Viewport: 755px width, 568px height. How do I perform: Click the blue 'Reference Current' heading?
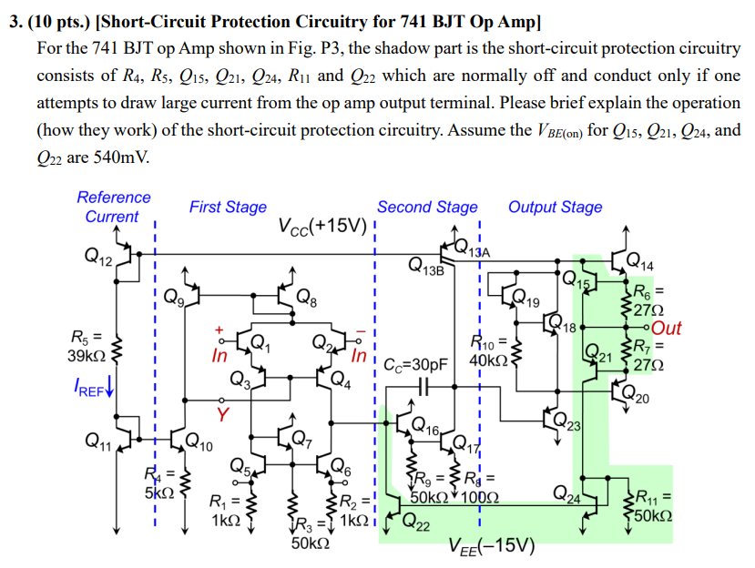click(113, 207)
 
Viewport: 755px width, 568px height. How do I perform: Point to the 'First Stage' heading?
click(228, 208)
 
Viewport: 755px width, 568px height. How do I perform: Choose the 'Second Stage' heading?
click(426, 208)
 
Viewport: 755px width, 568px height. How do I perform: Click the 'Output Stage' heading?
click(555, 208)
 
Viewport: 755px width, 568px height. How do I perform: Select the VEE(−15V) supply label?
click(491, 547)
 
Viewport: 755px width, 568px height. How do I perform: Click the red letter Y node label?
click(221, 414)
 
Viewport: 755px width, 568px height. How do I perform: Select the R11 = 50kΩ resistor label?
click(653, 506)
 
